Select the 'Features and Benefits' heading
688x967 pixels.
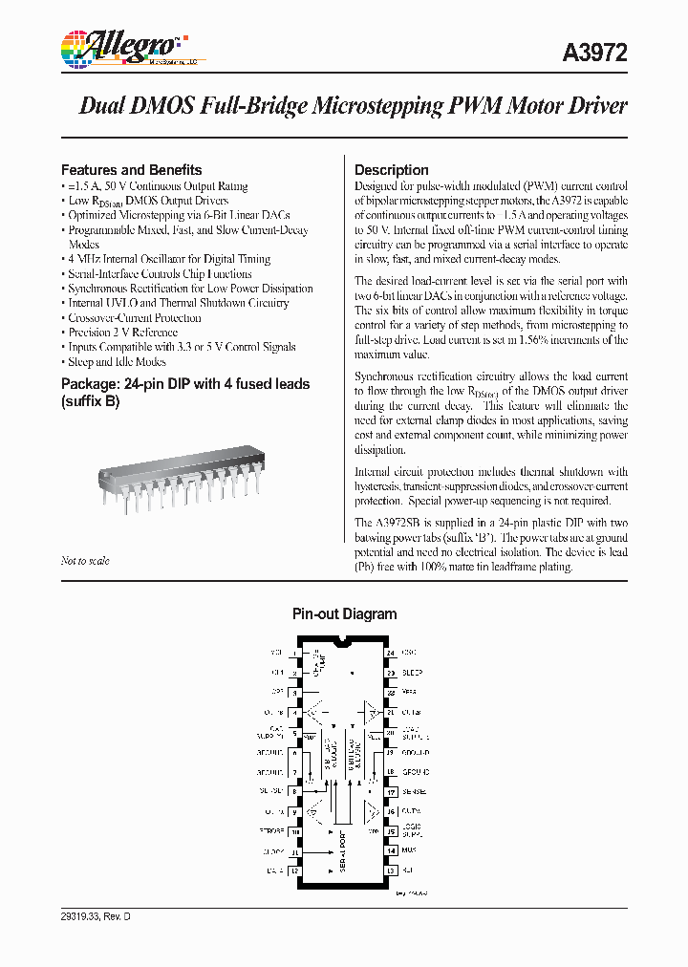(131, 169)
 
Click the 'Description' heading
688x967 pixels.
(391, 169)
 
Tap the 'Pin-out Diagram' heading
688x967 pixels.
(344, 614)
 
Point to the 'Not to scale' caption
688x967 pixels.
(85, 561)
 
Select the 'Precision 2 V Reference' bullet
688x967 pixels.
(122, 333)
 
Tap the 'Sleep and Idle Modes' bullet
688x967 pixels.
(117, 362)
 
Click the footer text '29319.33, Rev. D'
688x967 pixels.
(95, 916)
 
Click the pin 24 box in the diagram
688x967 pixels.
(390, 653)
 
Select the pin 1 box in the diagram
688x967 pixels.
(296, 653)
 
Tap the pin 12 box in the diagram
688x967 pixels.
(296, 870)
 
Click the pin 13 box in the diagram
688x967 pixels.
(390, 870)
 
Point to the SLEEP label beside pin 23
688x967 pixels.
(412, 673)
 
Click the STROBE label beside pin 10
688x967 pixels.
(272, 831)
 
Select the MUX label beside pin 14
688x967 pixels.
(407, 850)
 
